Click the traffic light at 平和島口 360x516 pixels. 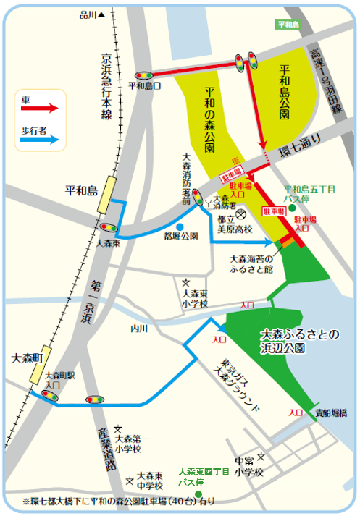click(x=143, y=75)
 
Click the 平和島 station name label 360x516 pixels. click(x=80, y=192)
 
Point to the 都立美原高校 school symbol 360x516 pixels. click(x=243, y=214)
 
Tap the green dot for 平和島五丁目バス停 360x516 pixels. click(x=292, y=208)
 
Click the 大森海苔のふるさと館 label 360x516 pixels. click(x=251, y=263)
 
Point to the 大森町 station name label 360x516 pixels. click(x=29, y=358)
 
